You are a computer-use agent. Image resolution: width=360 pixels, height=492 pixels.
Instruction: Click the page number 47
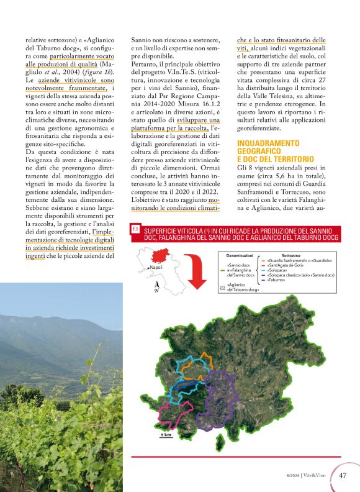[343, 476]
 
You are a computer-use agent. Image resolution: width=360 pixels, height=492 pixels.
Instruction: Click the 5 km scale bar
[166, 437]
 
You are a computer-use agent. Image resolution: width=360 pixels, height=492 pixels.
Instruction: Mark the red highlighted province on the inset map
[160, 257]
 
